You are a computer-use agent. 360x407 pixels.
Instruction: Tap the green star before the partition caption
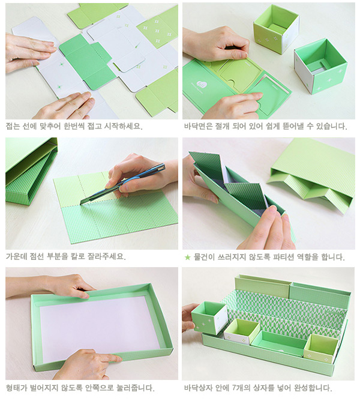tap(187, 258)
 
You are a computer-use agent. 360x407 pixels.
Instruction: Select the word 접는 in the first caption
tap(13, 127)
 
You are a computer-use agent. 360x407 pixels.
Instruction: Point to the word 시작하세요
tap(125, 127)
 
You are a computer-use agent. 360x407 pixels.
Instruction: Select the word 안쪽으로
tap(98, 388)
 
